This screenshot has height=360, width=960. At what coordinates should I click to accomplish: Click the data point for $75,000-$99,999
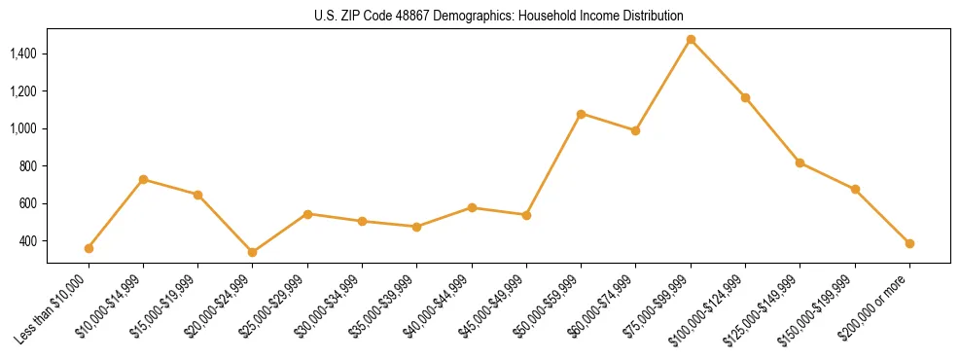coord(691,40)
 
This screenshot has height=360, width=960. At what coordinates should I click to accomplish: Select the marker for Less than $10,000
coord(89,248)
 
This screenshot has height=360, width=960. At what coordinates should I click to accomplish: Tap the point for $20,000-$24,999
coord(253,252)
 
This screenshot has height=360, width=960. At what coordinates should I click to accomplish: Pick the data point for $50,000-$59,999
coord(581,114)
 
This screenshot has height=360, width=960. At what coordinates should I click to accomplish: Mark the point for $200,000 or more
coord(909,243)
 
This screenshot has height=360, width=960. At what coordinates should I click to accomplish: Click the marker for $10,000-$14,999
coord(143,179)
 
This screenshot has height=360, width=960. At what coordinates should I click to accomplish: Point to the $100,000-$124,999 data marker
coord(745,97)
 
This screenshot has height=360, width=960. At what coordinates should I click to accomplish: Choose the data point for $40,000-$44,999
coord(472,207)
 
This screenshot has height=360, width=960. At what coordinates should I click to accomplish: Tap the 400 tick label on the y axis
coord(29,241)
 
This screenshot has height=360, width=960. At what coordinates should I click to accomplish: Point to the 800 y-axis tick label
coord(29,166)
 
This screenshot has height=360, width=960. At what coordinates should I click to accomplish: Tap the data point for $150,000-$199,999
coord(855,189)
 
